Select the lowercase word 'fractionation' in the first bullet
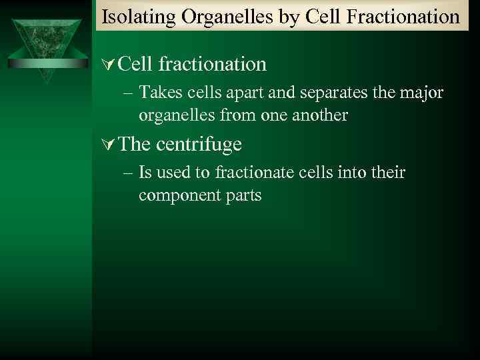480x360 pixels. click(x=213, y=64)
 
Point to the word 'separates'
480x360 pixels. click(x=334, y=93)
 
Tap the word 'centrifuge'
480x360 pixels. click(x=199, y=144)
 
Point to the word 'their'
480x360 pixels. click(x=387, y=173)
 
